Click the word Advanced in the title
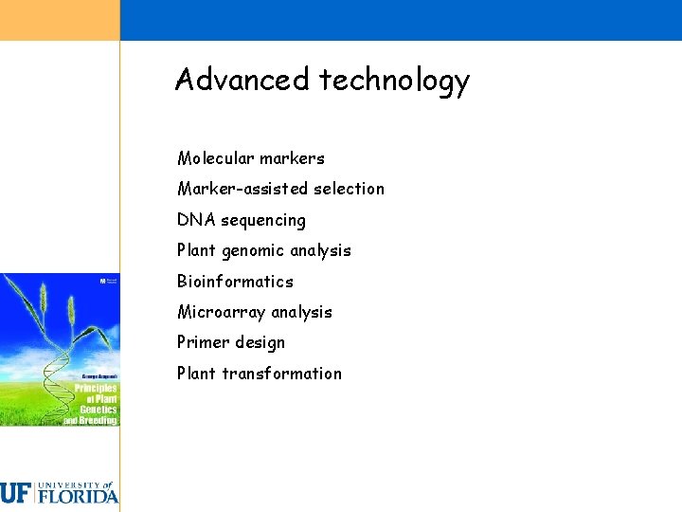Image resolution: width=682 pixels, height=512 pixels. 242,80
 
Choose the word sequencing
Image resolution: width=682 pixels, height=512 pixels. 263,221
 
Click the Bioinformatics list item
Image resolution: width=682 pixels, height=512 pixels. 235,282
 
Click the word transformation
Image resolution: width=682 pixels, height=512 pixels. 281,374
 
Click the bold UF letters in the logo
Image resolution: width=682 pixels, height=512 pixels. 16,493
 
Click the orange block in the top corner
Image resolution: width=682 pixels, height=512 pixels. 60,20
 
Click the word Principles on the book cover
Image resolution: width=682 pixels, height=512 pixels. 96,389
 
